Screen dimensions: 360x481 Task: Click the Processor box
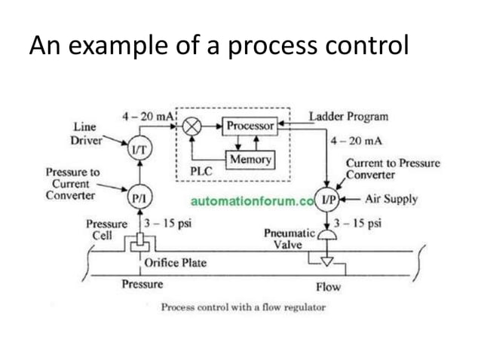[251, 127]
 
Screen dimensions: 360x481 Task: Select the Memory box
[250, 160]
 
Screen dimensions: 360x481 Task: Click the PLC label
[201, 171]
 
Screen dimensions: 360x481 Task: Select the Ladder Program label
[349, 117]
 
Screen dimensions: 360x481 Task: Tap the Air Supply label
[391, 200]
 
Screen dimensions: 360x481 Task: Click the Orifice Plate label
[175, 264]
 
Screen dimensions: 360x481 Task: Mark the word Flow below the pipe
[328, 287]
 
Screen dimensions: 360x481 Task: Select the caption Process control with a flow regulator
[243, 307]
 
